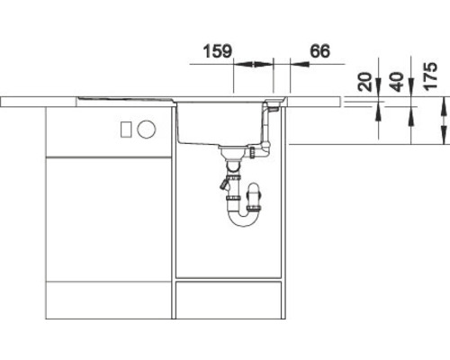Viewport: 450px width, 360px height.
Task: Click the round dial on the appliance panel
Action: click(145, 129)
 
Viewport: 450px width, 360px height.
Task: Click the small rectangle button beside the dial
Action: click(126, 129)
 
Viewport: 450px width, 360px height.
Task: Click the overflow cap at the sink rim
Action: click(272, 106)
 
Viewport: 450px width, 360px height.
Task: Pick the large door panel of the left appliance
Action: click(108, 216)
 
